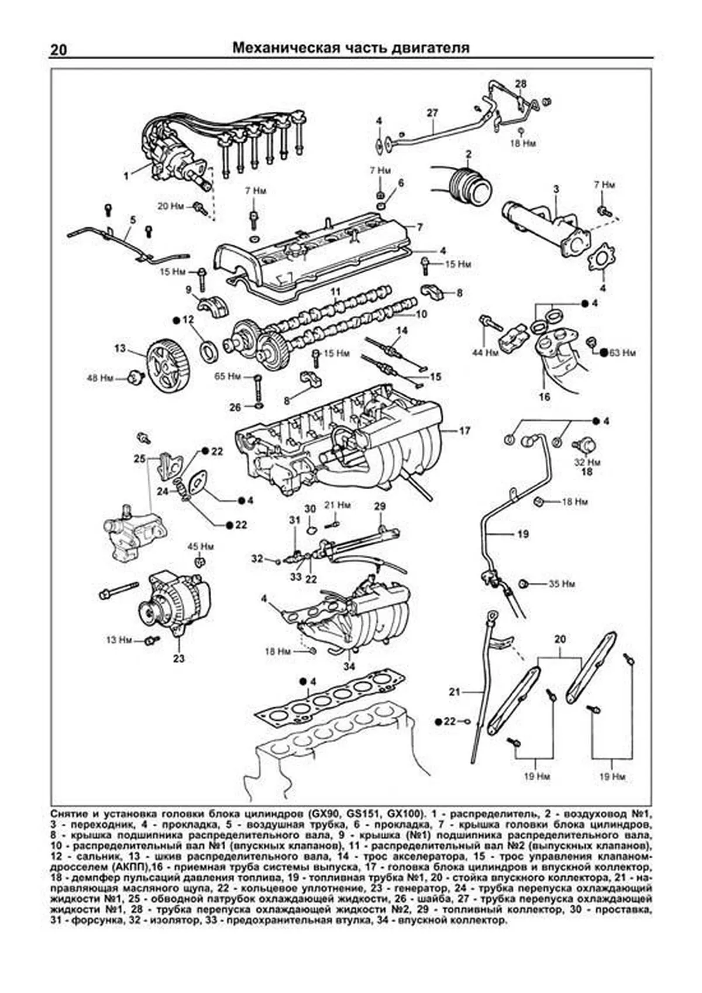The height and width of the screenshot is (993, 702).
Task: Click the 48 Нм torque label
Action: pyautogui.click(x=100, y=378)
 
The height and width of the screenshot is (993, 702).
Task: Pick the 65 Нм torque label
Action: pyautogui.click(x=228, y=376)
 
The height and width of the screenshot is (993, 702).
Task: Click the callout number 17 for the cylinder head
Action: pyautogui.click(x=464, y=431)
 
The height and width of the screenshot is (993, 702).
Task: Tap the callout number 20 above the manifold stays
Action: pyautogui.click(x=560, y=640)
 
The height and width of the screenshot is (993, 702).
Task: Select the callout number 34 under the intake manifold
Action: pyautogui.click(x=349, y=666)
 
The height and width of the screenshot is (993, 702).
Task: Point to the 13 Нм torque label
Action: pyautogui.click(x=119, y=640)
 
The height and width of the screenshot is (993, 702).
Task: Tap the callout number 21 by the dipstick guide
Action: pyautogui.click(x=455, y=692)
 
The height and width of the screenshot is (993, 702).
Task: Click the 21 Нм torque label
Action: pyautogui.click(x=337, y=504)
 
